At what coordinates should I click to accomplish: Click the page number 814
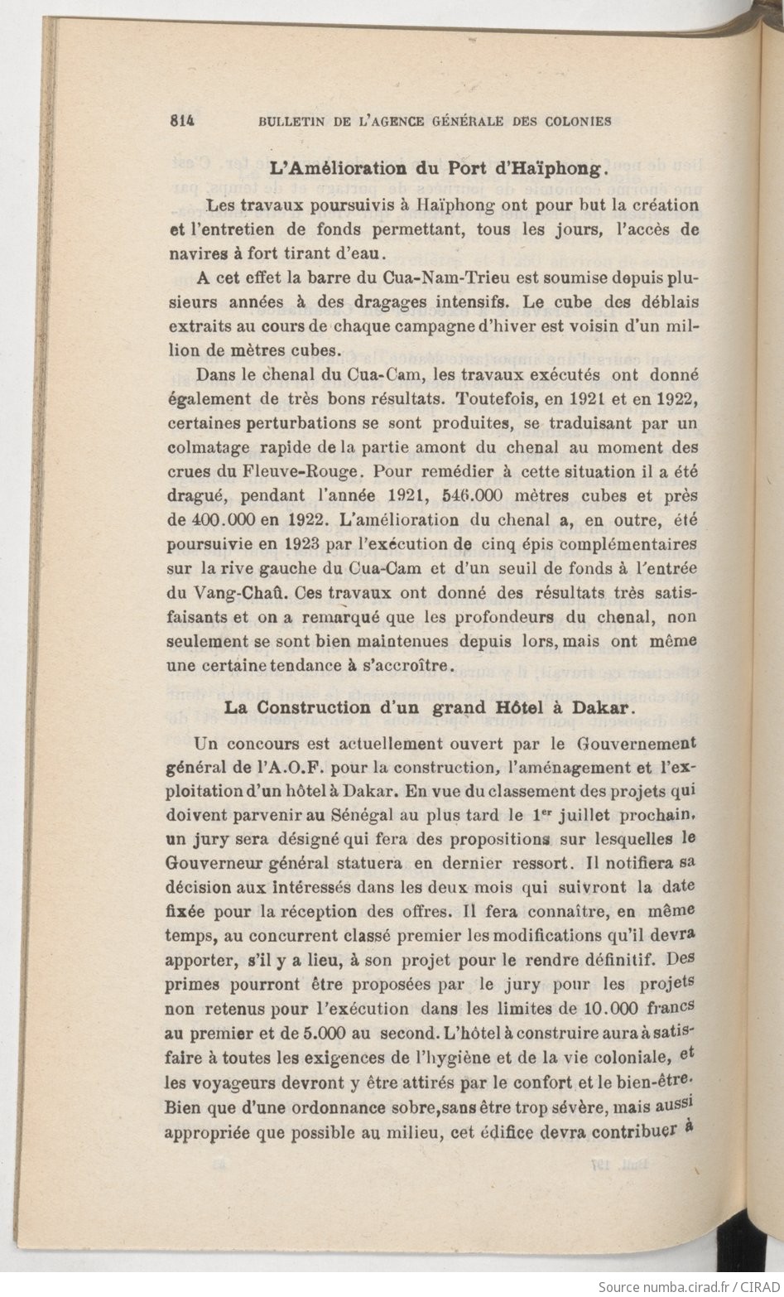180,119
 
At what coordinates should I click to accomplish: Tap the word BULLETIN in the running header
291,120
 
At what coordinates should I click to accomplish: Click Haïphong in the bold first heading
563,171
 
